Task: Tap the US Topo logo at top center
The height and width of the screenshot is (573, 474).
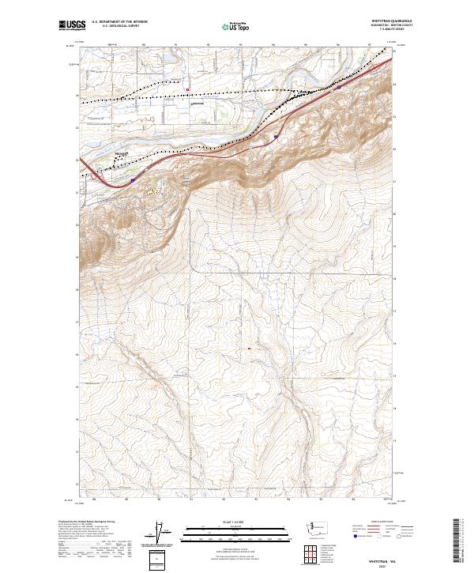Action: [229, 26]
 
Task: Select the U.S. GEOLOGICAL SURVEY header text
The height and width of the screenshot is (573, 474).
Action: [118, 26]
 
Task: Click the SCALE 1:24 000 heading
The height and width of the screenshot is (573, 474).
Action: [228, 522]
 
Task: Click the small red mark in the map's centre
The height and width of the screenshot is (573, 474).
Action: [250, 348]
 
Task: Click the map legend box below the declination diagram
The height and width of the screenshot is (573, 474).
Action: [160, 559]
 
